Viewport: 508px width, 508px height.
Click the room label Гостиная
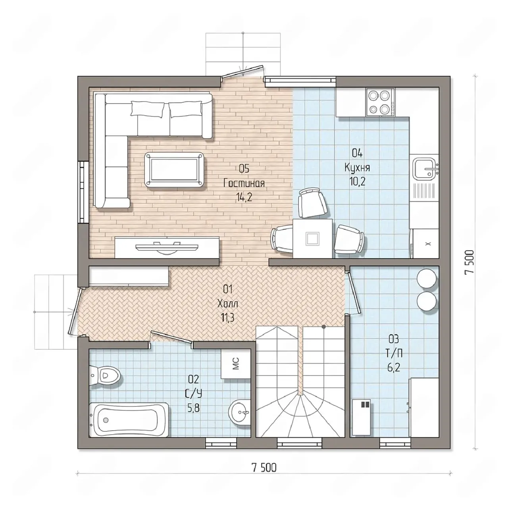click(244, 183)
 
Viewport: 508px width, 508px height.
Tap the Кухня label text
click(357, 167)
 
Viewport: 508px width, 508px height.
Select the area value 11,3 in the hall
click(227, 318)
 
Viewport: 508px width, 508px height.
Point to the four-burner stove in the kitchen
click(380, 102)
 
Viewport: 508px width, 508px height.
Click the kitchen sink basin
click(424, 168)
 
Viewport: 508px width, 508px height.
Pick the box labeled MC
click(236, 364)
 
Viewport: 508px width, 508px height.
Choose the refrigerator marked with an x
click(425, 243)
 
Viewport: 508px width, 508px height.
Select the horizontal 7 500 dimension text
click(264, 468)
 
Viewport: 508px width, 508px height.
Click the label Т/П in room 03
click(394, 354)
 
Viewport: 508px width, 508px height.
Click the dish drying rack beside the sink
click(424, 191)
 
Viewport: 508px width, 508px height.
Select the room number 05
click(244, 168)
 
